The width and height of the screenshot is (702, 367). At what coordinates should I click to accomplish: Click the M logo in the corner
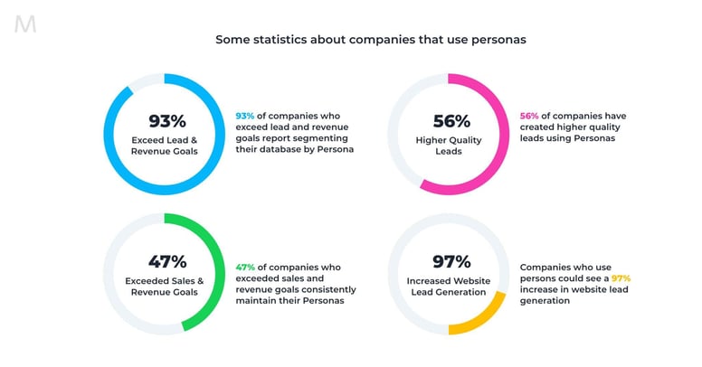tap(25, 24)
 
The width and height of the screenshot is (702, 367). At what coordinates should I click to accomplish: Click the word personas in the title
tap(497, 40)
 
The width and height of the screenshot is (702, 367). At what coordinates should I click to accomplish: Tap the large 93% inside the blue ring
tap(166, 120)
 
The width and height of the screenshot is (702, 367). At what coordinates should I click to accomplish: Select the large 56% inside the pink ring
tap(450, 120)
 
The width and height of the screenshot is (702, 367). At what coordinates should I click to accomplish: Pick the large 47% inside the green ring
tap(166, 261)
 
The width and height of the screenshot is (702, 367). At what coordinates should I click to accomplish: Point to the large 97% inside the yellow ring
tap(450, 261)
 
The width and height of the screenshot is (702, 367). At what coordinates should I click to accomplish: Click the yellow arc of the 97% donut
tap(489, 315)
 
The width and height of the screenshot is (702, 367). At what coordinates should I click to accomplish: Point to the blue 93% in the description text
tap(244, 116)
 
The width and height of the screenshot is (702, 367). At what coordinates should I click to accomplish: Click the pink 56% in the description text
tap(529, 116)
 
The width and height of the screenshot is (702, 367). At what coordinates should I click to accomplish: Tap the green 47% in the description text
tap(244, 268)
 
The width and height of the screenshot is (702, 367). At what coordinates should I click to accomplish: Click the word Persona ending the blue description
tap(334, 149)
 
